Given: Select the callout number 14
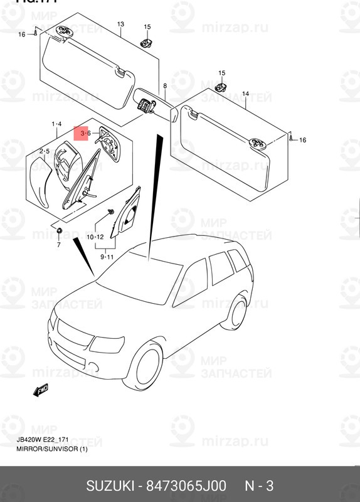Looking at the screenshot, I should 245,93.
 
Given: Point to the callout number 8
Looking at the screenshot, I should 165,86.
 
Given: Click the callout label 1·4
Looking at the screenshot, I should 56,124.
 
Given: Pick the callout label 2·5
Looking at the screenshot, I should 44,151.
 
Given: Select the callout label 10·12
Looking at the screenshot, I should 95,237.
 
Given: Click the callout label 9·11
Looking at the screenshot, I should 106,257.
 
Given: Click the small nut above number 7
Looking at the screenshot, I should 58,232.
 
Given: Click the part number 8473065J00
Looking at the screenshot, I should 186,486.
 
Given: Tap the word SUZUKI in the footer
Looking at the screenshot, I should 112,486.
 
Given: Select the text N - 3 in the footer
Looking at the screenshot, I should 258,486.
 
